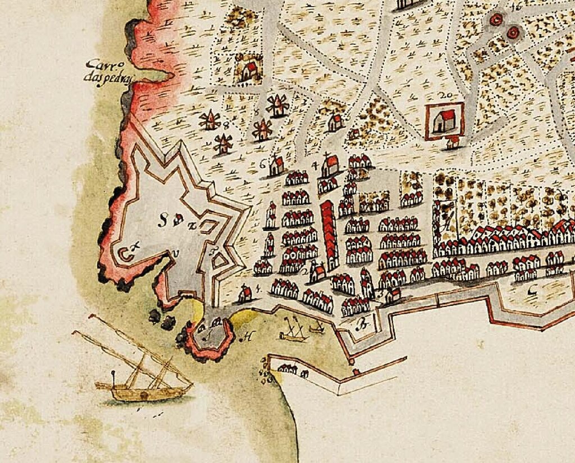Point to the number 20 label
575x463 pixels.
coord(448,94)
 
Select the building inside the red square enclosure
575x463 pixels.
coord(446,120)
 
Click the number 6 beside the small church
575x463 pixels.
coord(263,164)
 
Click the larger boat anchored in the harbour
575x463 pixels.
coord(293,331)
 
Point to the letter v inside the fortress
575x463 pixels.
coord(177,255)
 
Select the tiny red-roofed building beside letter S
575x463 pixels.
coord(178,221)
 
